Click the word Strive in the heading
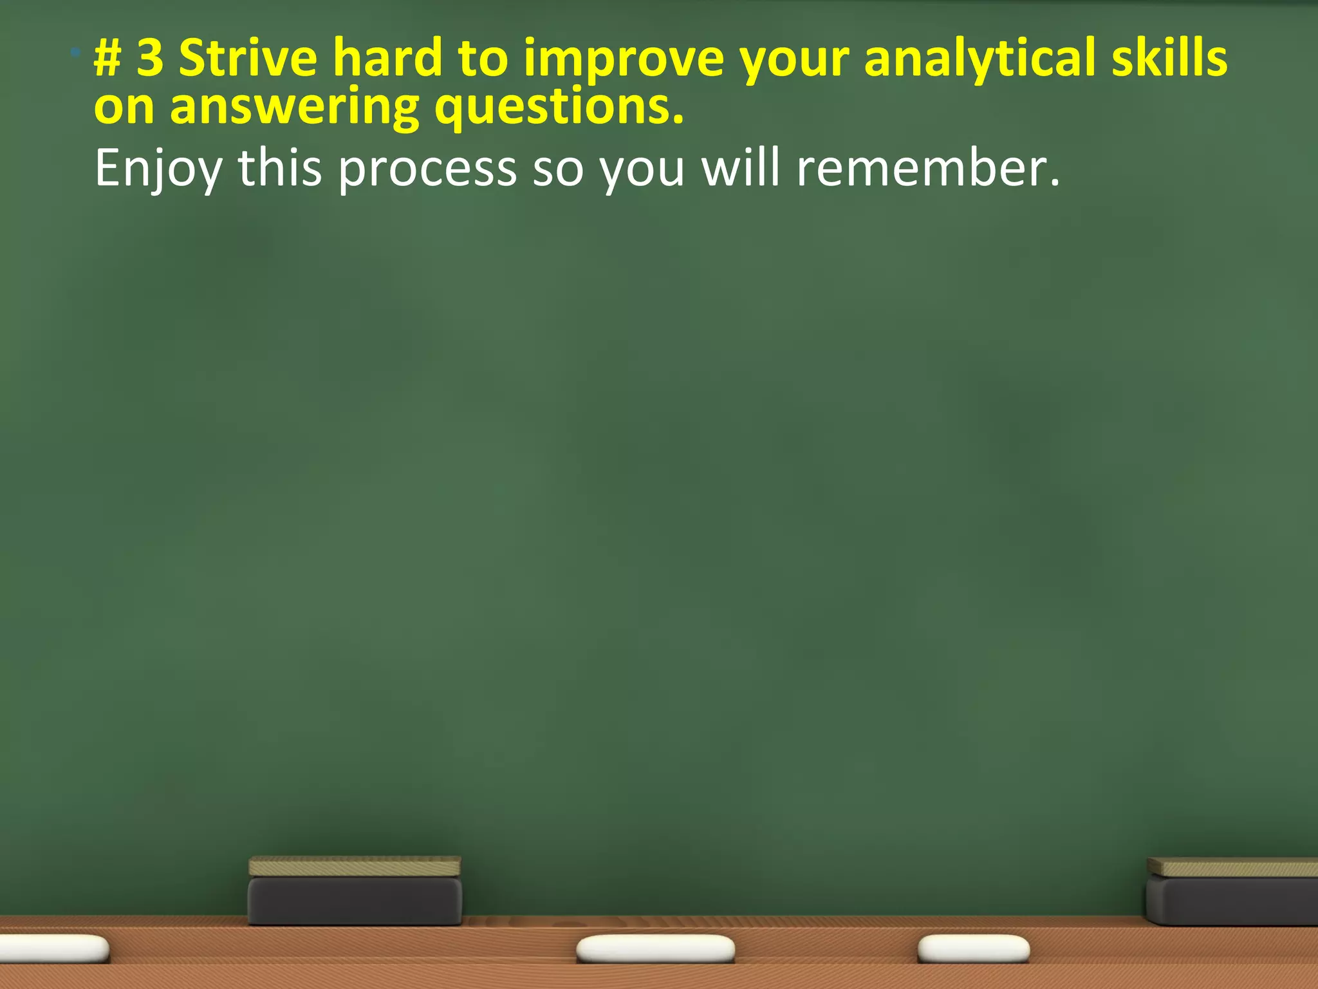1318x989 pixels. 248,58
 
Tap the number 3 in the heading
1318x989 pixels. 150,58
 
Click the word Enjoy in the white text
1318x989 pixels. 158,169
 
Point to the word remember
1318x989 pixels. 927,169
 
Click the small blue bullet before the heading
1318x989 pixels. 75,51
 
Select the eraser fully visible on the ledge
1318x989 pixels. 355,891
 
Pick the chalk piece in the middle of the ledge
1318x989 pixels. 655,949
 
